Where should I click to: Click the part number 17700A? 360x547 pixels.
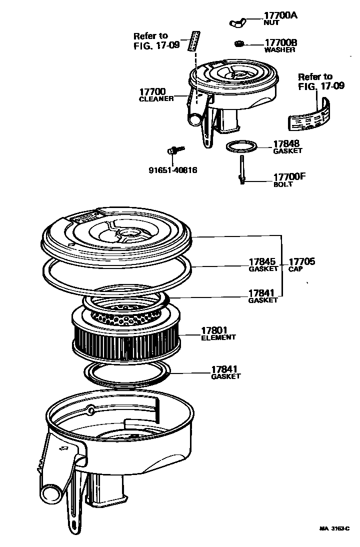coord(280,15)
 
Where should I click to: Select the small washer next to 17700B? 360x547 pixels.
coord(239,43)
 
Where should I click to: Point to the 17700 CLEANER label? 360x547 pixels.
coord(155,94)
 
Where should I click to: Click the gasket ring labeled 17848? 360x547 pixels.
coord(242,147)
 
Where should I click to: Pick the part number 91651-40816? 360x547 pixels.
coord(172,170)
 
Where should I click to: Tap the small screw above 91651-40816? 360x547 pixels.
coord(174,149)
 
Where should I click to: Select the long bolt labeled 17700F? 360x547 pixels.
coord(242,170)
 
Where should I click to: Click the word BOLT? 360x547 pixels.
coord(282,184)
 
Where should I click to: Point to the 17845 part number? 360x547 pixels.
coord(262,261)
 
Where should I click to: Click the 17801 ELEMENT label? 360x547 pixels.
coord(218,333)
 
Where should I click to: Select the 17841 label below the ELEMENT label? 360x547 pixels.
coord(225,372)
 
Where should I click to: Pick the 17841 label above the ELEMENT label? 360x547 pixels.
coord(262,295)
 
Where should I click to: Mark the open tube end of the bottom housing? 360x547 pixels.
coord(50,493)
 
